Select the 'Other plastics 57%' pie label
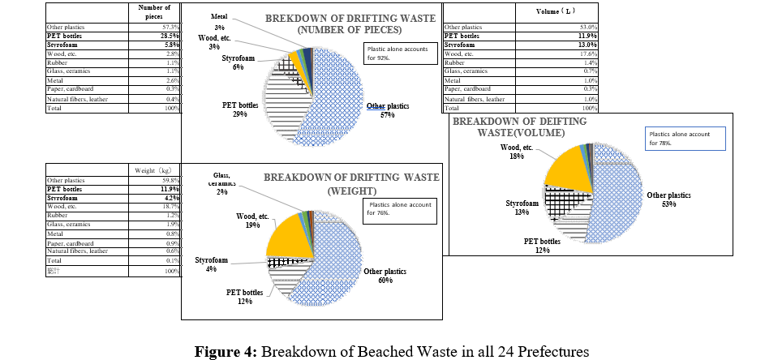pos(386,111)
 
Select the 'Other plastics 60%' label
pos(385,276)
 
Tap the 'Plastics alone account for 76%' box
pos(399,208)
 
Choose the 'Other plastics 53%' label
pos(668,199)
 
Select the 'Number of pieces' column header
pos(155,11)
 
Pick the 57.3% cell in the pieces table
pos(170,28)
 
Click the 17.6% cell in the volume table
pos(588,54)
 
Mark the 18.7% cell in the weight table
pos(170,207)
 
